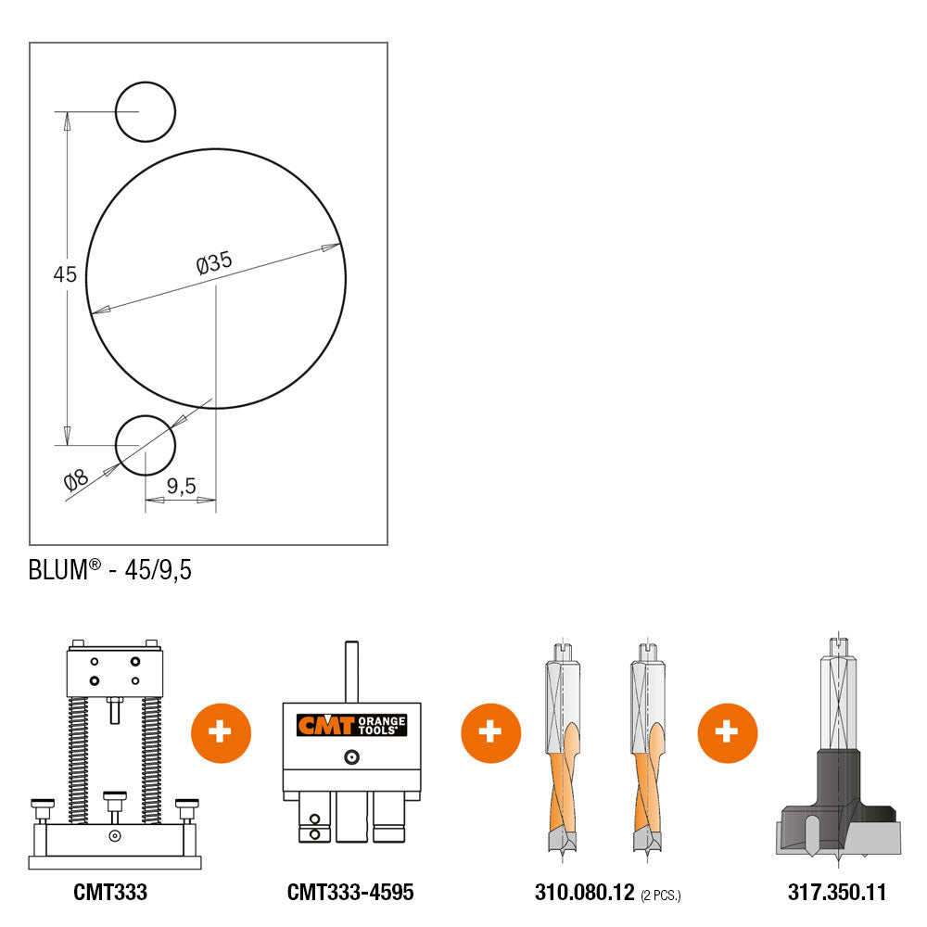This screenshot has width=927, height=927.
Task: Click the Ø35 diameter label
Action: coord(214,262)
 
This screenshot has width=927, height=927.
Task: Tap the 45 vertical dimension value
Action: coord(65,274)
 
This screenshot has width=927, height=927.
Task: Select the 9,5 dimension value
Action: coord(181,486)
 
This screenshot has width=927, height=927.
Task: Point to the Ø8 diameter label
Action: coord(76,480)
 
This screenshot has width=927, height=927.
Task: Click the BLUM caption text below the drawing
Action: coord(110,570)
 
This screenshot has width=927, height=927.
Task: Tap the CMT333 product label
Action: coord(110,892)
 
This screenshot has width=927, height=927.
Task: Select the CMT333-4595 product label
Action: coord(350,892)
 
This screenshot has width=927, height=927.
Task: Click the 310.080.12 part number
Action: coord(584,892)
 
